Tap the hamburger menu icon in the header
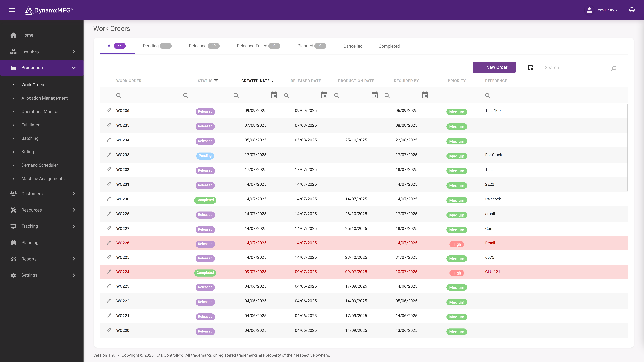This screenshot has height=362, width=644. coord(12,10)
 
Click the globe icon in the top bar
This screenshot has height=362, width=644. coord(632,10)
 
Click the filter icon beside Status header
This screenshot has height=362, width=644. coord(216,81)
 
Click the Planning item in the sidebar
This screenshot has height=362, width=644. coord(30,243)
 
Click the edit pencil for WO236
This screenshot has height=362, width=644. coord(109,110)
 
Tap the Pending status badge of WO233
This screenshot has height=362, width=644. coord(205,156)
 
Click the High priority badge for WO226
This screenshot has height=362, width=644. coord(456,244)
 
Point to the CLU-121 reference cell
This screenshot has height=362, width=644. coord(492,272)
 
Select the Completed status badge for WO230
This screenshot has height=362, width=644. coord(205,200)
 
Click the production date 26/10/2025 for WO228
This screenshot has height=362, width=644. coord(356,214)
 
